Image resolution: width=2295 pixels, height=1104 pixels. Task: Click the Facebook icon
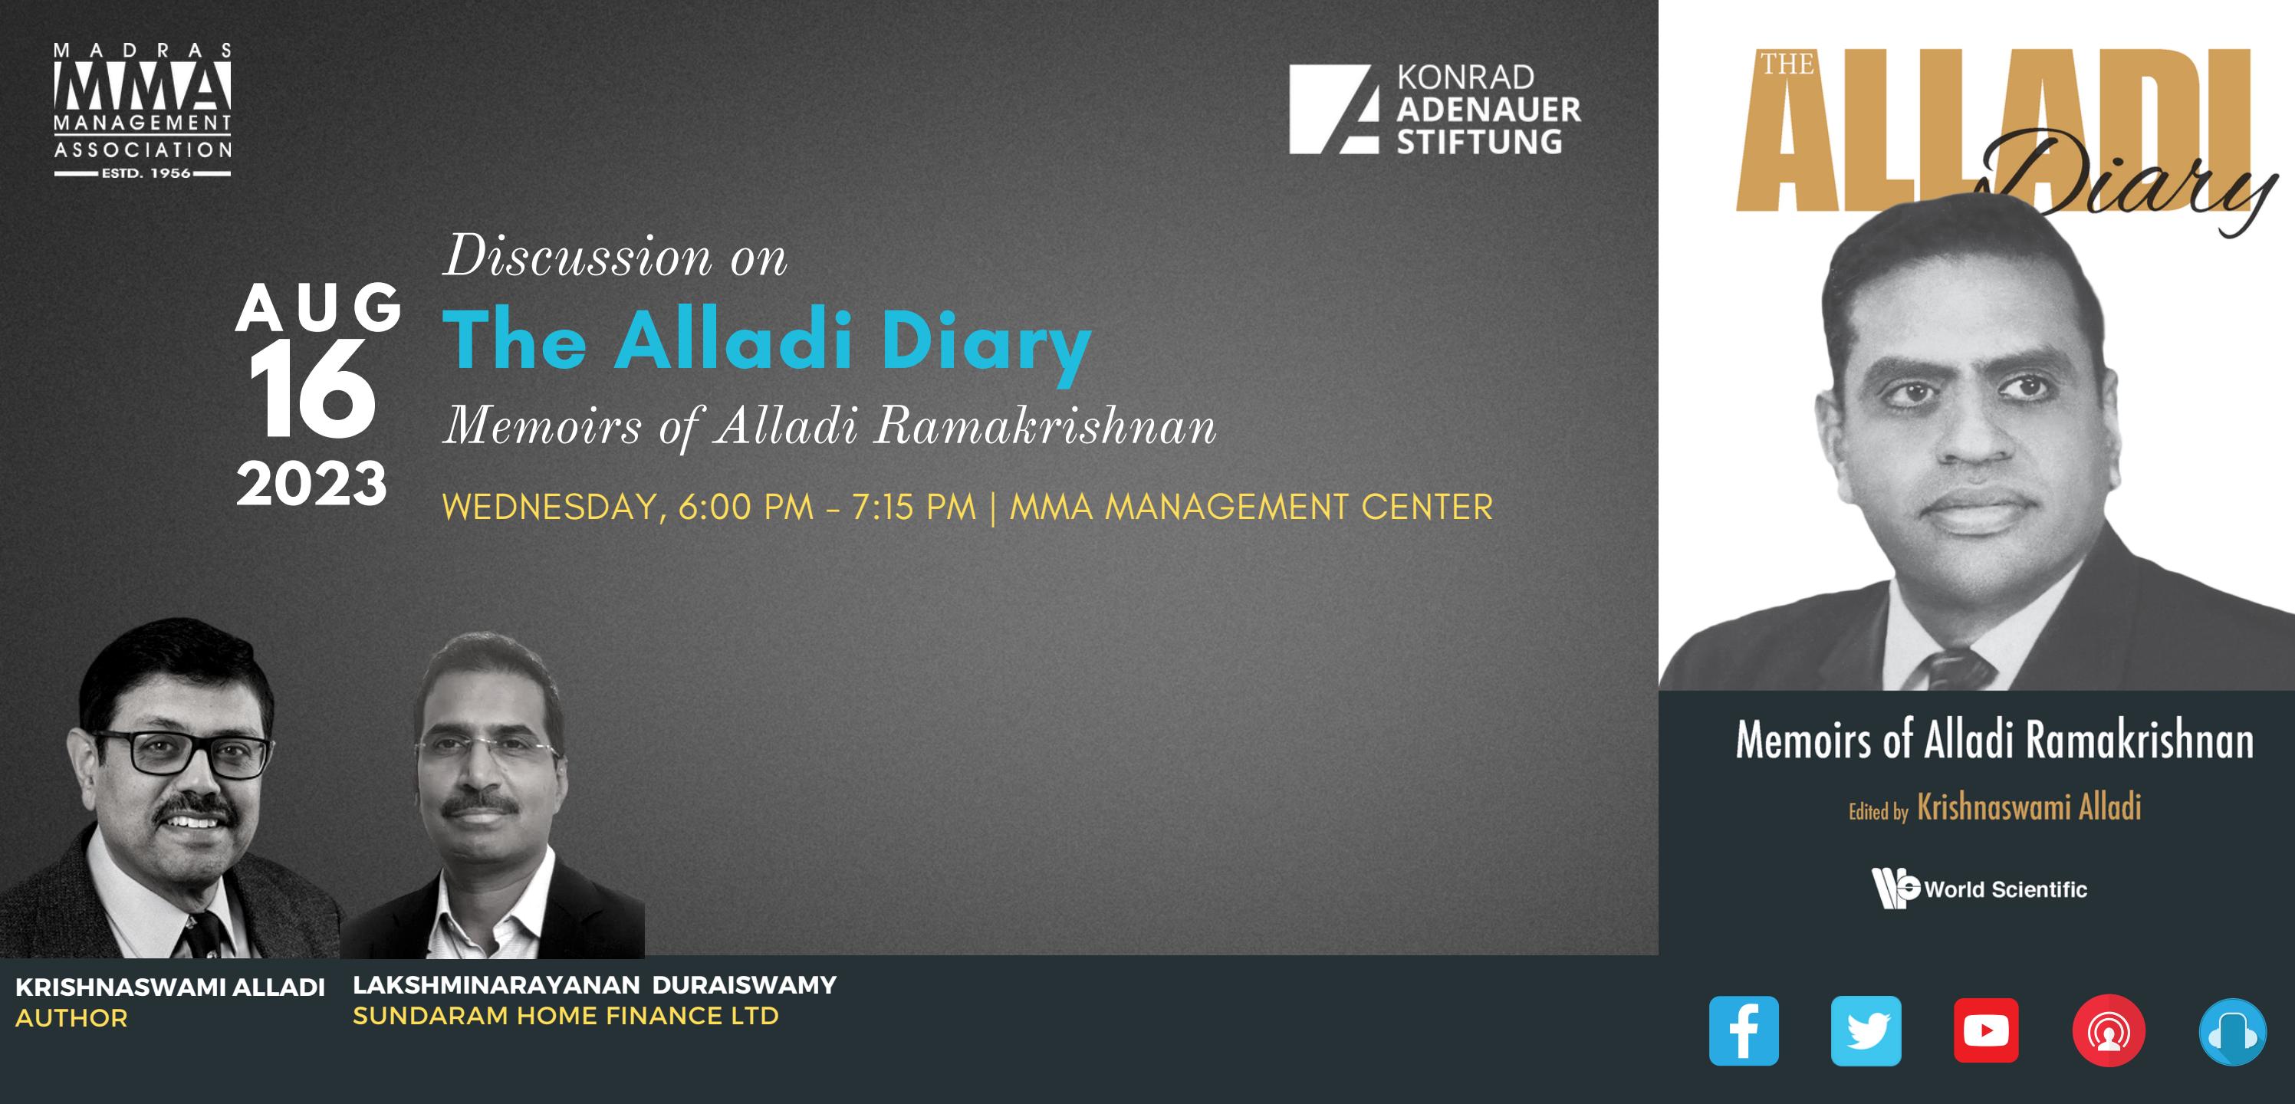point(1744,1031)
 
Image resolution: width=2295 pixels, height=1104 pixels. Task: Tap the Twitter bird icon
point(1866,1031)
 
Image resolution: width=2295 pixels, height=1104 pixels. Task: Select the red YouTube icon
point(1986,1031)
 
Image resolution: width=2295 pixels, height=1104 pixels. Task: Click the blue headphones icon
point(2232,1032)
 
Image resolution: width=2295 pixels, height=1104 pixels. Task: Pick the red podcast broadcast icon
point(2109,1031)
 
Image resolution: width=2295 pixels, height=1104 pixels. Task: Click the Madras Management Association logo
point(143,110)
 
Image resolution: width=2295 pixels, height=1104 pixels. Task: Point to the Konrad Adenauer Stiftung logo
point(1435,110)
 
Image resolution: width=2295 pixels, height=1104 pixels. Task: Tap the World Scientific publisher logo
point(1980,889)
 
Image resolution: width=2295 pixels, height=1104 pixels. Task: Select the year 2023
point(312,485)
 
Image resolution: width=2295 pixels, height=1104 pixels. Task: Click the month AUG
point(318,308)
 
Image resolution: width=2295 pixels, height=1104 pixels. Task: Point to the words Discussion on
point(615,258)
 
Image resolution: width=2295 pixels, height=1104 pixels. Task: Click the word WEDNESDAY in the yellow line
point(549,508)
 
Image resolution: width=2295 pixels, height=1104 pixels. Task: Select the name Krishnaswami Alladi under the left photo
point(170,987)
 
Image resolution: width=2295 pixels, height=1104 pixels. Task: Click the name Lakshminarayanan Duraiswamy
point(594,984)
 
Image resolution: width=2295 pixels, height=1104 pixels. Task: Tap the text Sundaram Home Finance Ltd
point(566,1016)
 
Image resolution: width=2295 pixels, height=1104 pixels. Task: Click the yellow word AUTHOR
point(71,1018)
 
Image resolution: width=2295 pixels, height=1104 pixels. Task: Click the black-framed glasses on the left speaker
point(182,754)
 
